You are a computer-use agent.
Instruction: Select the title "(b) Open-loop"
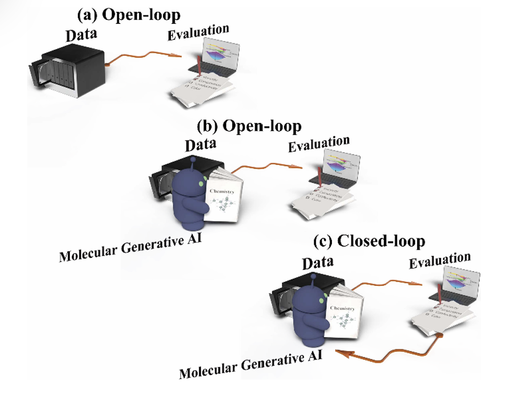(x=249, y=126)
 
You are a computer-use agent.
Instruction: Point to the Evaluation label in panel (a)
(x=199, y=34)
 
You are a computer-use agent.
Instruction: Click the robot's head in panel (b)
(x=191, y=178)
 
